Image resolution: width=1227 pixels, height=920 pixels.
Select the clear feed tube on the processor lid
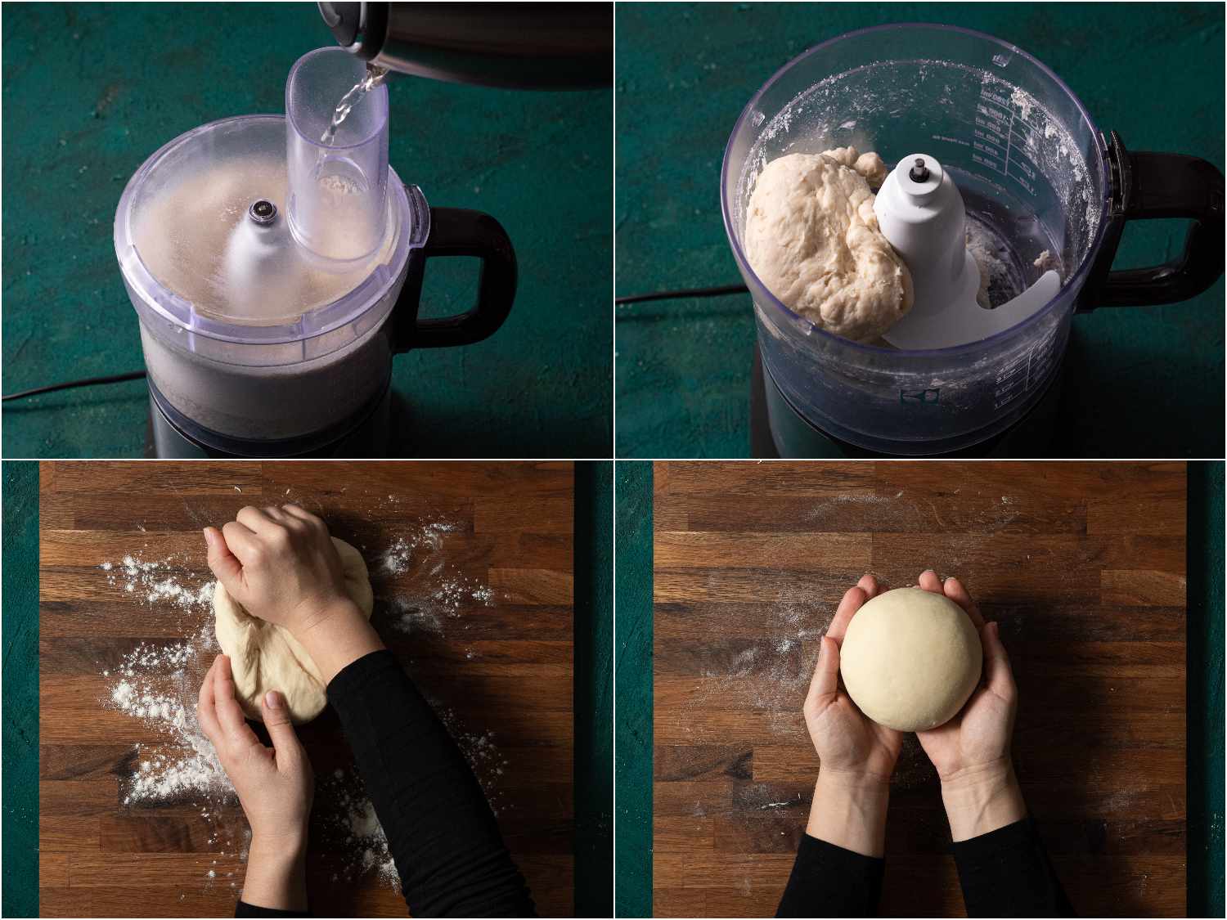pos(337,164)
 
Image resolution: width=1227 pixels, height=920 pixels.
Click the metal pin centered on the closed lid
pos(263,211)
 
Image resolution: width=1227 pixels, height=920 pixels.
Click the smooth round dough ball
pos(910,658)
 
